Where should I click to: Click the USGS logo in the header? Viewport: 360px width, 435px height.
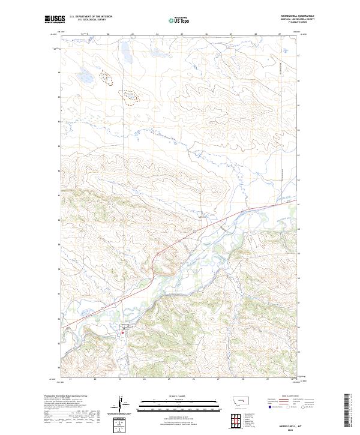click(x=54, y=19)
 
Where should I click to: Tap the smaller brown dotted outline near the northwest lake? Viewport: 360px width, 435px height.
click(x=106, y=77)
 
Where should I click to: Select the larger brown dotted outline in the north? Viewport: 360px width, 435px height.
click(x=129, y=95)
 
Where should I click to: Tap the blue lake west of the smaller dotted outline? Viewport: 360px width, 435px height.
click(x=86, y=77)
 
